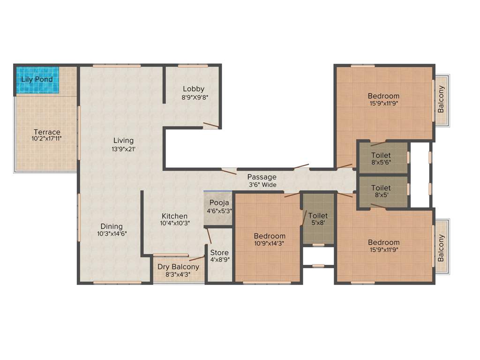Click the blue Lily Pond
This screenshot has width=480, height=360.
click(x=37, y=80)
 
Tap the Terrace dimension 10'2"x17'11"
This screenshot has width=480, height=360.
click(x=46, y=139)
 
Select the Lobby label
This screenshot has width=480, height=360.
click(x=194, y=89)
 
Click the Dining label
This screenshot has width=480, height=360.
click(x=112, y=226)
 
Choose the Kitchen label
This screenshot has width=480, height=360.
click(x=174, y=216)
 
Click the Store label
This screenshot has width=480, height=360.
click(x=219, y=253)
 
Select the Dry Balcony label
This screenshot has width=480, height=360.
click(x=178, y=267)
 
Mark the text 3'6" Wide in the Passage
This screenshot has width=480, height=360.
click(x=262, y=185)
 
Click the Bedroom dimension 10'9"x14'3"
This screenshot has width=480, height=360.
click(x=270, y=243)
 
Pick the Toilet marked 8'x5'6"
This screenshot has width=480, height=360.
click(x=381, y=159)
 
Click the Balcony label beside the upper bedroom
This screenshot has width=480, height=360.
click(x=441, y=99)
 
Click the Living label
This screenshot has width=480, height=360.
click(x=123, y=140)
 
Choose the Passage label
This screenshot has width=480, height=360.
click(x=262, y=177)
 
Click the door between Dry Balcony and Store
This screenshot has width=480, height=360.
click(x=197, y=258)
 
